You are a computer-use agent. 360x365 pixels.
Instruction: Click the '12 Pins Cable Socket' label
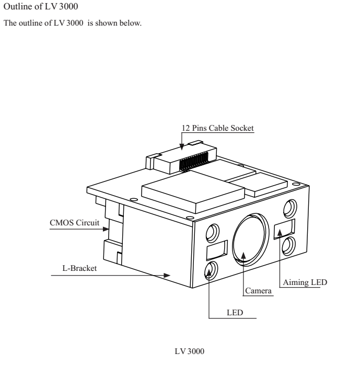217,128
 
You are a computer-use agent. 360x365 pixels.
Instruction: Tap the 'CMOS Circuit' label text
74,223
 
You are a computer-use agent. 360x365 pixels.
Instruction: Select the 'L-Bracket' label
79,268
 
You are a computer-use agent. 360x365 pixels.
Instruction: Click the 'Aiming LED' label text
305,282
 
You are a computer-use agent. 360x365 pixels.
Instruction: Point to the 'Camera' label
258,291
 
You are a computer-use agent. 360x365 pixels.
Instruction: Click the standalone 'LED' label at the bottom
235,312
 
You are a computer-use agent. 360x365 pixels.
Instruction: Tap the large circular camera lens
251,239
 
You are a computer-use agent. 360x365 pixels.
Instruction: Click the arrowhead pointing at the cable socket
182,146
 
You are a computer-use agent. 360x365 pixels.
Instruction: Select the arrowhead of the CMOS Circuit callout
106,229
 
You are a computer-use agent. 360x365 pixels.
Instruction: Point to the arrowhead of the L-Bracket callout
167,276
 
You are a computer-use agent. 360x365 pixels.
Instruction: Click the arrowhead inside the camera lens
243,255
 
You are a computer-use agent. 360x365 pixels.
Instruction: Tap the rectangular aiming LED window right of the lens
284,229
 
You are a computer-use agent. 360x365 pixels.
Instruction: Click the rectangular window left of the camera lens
217,250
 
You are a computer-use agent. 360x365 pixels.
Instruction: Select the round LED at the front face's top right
290,209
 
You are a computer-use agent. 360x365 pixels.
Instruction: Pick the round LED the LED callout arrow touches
211,270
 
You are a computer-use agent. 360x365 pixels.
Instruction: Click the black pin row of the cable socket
193,161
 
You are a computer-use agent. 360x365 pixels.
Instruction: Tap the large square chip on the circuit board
193,191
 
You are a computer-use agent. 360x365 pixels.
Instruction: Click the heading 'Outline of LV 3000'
41,6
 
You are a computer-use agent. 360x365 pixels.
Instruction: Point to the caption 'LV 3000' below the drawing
190,351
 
